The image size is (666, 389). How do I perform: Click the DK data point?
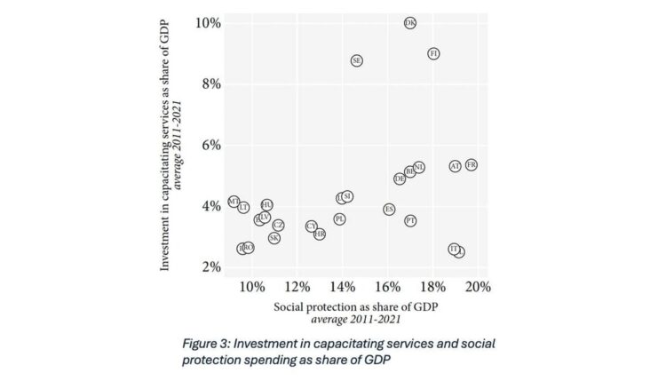pyautogui.click(x=409, y=23)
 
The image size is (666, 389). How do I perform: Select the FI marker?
pyautogui.click(x=433, y=54)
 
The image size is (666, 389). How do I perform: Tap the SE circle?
pyautogui.click(x=357, y=60)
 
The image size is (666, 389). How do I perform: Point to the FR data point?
pyautogui.click(x=472, y=165)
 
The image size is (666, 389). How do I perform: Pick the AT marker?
pyautogui.click(x=456, y=166)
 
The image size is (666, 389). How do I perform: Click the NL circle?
pyautogui.click(x=419, y=167)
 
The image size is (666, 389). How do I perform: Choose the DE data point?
pyautogui.click(x=400, y=179)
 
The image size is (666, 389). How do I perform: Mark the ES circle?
pyautogui.click(x=389, y=210)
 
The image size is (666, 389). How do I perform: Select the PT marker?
pyautogui.click(x=410, y=220)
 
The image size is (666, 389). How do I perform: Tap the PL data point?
pyautogui.click(x=339, y=218)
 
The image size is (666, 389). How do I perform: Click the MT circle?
pyautogui.click(x=234, y=202)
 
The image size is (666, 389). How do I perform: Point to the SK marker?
pyautogui.click(x=274, y=238)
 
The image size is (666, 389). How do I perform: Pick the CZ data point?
pyautogui.click(x=278, y=226)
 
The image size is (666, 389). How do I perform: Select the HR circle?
pyautogui.click(x=320, y=234)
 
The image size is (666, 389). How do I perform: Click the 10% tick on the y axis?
pyautogui.click(x=210, y=22)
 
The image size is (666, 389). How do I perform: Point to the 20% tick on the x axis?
pyautogui.click(x=478, y=287)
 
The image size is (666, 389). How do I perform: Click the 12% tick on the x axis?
pyautogui.click(x=297, y=287)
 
